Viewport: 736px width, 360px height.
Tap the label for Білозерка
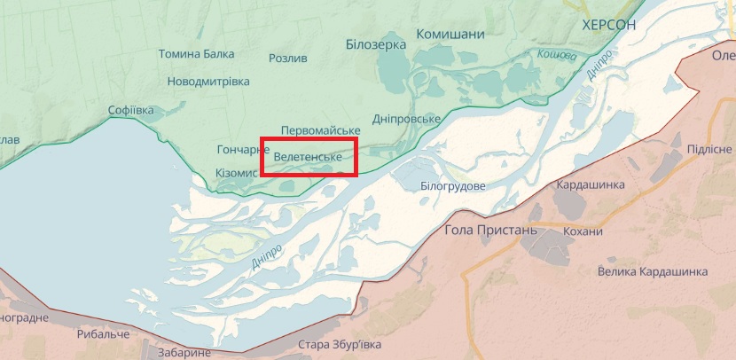point(376,43)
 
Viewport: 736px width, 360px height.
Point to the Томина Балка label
point(196,54)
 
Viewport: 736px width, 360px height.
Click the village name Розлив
point(288,59)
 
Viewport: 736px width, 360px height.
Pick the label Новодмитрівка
point(208,82)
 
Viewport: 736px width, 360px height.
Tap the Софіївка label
point(130,111)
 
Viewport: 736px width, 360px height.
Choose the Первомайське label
point(320,129)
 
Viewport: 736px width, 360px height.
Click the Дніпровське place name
point(406,120)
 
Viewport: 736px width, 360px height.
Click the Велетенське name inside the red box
point(308,157)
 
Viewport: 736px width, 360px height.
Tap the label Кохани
point(583,231)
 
